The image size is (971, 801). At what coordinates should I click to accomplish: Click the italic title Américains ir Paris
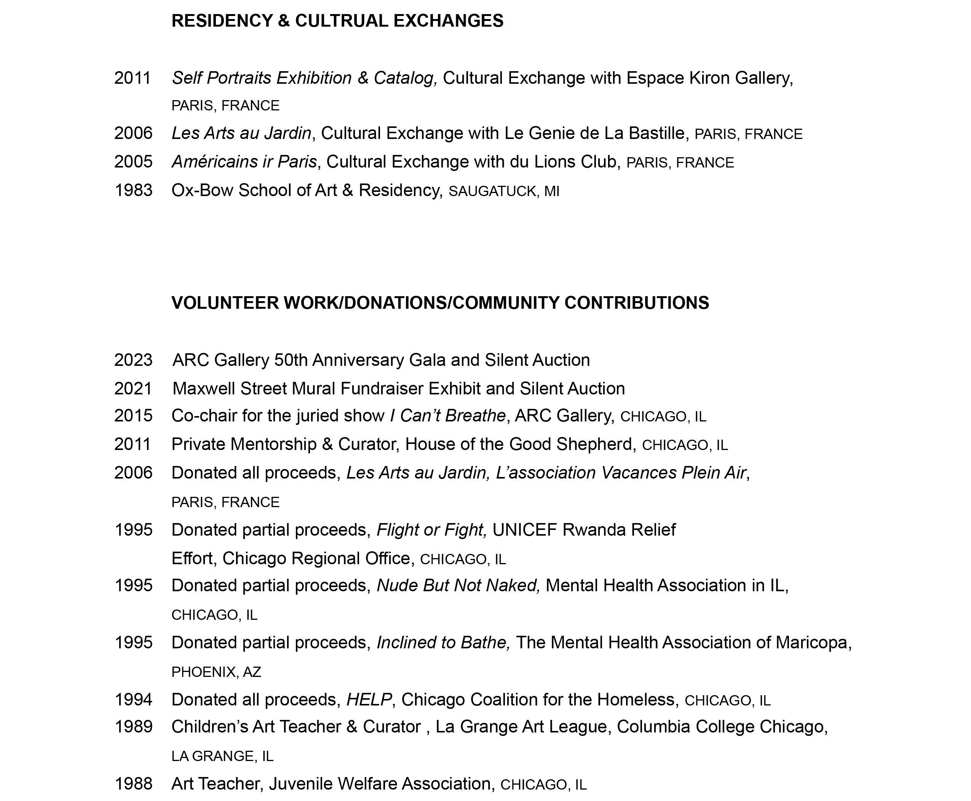(x=244, y=162)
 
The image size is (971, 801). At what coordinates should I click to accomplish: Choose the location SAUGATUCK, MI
(x=503, y=191)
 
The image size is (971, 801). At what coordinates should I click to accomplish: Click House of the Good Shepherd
(x=518, y=444)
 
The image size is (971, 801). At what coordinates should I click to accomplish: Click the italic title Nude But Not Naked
(x=458, y=586)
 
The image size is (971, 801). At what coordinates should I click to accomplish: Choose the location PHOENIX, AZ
(x=216, y=672)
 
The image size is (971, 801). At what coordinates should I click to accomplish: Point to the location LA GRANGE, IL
(x=222, y=756)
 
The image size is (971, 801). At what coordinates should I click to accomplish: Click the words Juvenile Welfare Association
(x=379, y=784)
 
